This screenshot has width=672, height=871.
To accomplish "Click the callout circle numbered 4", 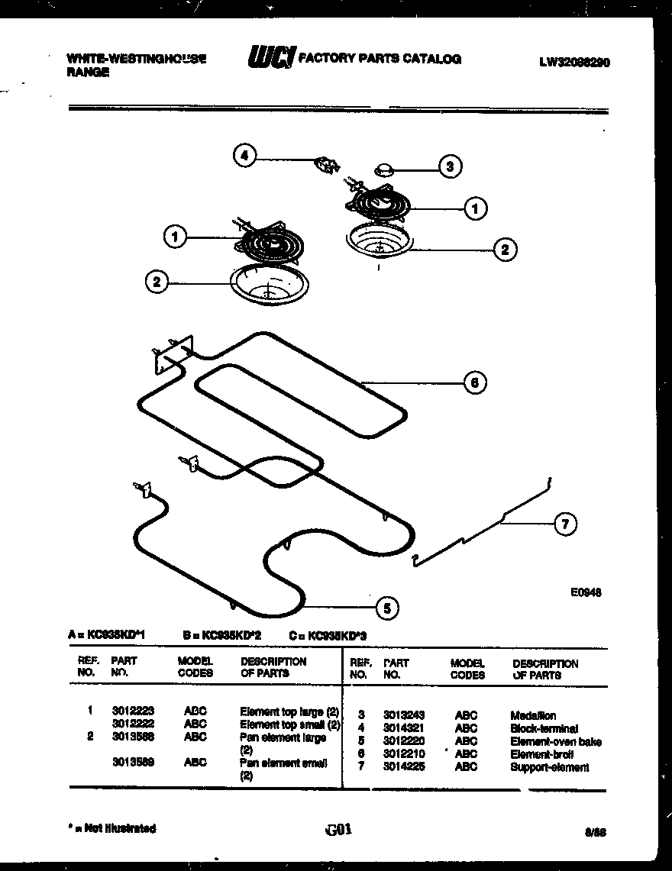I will (x=244, y=156).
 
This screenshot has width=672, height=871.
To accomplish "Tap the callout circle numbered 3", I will (x=451, y=166).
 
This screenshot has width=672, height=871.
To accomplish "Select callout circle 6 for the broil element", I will (x=474, y=382).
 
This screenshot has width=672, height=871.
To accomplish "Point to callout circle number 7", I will (x=565, y=524).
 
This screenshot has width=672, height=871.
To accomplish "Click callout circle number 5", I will (x=387, y=608).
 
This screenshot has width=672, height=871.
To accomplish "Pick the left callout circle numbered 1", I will (x=175, y=237).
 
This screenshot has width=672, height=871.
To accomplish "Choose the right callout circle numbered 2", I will (x=504, y=248).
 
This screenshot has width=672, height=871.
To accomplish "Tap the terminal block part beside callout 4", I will (x=328, y=163).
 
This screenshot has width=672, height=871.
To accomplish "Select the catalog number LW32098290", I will (x=573, y=63).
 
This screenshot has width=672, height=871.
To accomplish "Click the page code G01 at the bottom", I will (x=337, y=829).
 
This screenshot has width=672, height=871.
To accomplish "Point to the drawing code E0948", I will (x=586, y=591).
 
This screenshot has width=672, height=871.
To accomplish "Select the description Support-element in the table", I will (x=549, y=767).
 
